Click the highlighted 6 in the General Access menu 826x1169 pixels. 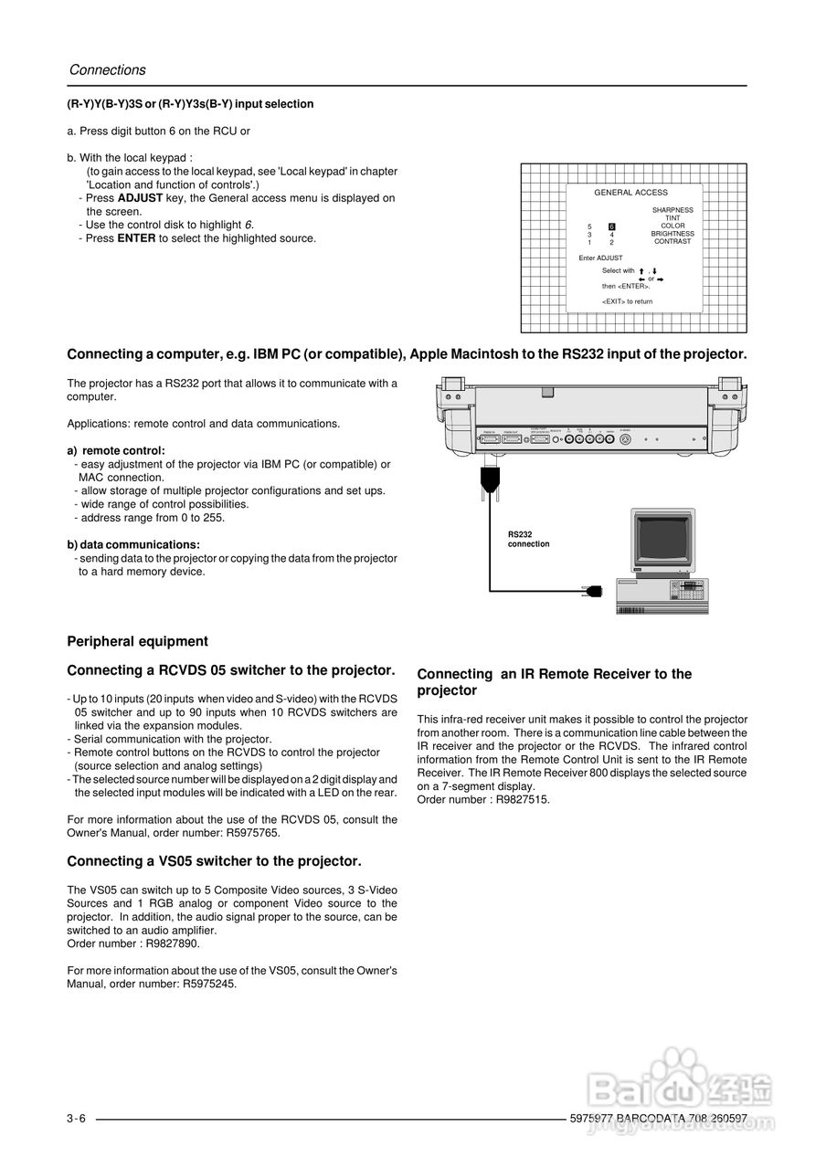pyautogui.click(x=612, y=226)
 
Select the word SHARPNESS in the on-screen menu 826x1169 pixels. pyautogui.click(x=672, y=210)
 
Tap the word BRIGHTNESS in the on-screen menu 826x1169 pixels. pyautogui.click(x=672, y=234)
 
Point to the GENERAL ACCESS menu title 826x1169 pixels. pyautogui.click(x=630, y=193)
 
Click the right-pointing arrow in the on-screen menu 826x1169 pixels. pyautogui.click(x=660, y=279)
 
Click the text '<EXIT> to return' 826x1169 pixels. pyautogui.click(x=627, y=301)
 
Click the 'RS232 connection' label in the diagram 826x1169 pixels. pyautogui.click(x=528, y=539)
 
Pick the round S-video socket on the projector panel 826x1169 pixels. pyautogui.click(x=626, y=438)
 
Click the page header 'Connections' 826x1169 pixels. pyautogui.click(x=107, y=70)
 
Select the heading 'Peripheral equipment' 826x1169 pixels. pyautogui.click(x=138, y=641)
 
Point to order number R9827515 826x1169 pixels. pyautogui.click(x=518, y=799)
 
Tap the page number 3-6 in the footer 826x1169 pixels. pyautogui.click(x=76, y=1120)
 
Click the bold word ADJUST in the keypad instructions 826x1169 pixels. pyautogui.click(x=140, y=198)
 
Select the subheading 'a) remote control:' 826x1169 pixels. pyautogui.click(x=116, y=450)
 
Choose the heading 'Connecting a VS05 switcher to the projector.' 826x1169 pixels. pyautogui.click(x=214, y=861)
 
